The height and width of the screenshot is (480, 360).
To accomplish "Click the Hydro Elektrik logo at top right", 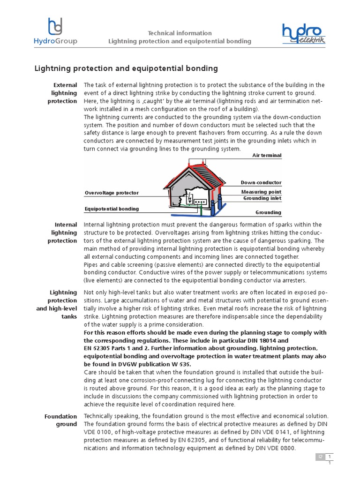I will [303, 35].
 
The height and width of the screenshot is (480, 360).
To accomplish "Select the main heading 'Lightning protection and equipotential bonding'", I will [126, 68].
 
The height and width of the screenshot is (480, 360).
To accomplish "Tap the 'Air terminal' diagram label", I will [267, 155].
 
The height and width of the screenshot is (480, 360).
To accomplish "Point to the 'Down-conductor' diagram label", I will [261, 182].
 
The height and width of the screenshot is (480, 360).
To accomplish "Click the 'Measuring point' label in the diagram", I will [261, 192].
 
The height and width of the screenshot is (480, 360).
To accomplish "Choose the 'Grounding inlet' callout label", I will [262, 198].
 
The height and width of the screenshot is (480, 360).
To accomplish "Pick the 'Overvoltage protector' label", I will [112, 193].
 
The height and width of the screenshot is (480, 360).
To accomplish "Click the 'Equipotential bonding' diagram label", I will [112, 209].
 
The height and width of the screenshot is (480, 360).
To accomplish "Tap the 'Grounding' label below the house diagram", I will [268, 212].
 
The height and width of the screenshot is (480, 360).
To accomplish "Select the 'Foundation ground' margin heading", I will [60, 420].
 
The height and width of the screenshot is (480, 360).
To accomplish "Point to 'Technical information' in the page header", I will [180, 33].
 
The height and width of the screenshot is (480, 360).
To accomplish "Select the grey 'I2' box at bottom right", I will [321, 457].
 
